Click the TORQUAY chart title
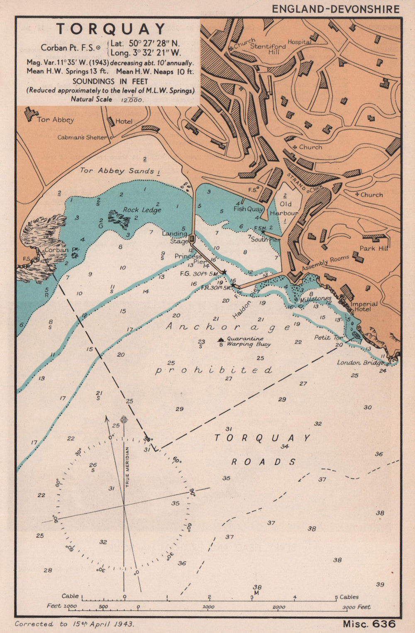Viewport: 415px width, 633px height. point(111,29)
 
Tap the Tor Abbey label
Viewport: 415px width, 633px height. point(55,120)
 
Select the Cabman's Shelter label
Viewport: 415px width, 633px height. point(82,137)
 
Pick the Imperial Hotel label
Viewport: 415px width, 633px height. point(364,306)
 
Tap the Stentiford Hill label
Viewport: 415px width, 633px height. point(268,49)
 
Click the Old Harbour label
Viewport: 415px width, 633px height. point(286,208)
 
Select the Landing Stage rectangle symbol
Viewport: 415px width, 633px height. point(192,239)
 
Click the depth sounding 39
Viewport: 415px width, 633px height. point(380,584)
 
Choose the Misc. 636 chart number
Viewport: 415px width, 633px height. point(369,623)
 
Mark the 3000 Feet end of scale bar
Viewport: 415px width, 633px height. point(357,607)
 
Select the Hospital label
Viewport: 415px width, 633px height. point(299,42)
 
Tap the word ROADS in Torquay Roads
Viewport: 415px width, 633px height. point(263,462)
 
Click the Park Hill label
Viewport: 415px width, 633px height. point(373,248)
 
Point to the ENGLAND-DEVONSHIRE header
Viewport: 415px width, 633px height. point(335,9)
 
